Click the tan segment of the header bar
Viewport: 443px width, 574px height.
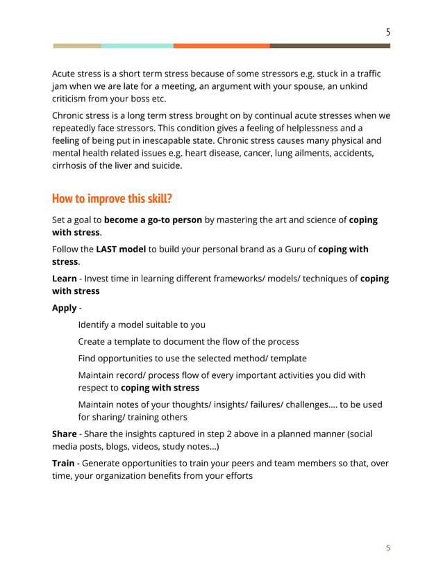(76, 46)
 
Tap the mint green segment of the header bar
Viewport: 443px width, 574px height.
(137, 46)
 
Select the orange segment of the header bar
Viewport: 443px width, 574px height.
(221, 46)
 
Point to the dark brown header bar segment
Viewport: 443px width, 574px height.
(330, 46)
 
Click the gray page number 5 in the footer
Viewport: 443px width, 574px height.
(388, 548)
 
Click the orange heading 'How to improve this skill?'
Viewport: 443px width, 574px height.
(112, 199)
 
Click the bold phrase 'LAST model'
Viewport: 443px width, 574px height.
(121, 249)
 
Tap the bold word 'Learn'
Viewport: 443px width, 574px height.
(65, 279)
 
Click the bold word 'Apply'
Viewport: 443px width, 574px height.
(65, 308)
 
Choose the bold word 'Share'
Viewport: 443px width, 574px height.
(65, 434)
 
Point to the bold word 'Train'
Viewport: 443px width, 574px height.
(63, 462)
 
